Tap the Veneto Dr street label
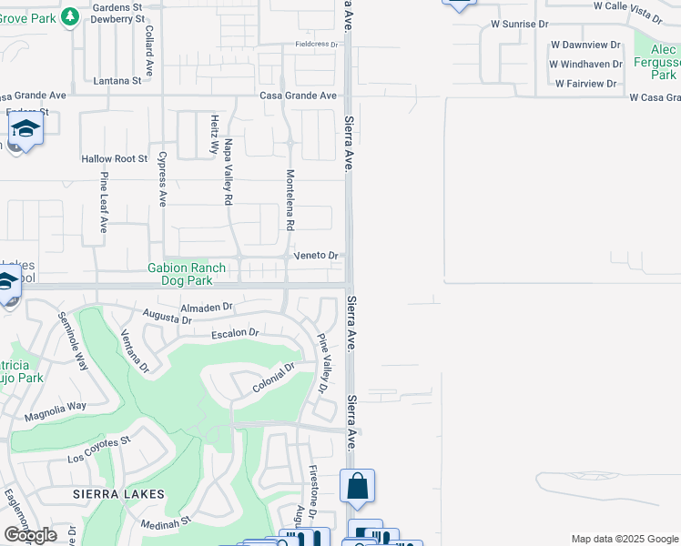316,256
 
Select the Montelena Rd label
290,198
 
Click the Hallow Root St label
114,158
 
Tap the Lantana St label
117,80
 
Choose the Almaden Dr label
207,308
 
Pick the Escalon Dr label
235,334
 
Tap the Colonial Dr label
274,379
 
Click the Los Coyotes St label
99,450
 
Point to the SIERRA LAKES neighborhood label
119,494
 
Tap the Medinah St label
164,523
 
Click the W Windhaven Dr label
585,64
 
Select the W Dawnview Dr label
584,44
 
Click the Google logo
30,535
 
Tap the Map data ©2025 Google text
624,539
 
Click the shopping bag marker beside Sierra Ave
357,486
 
